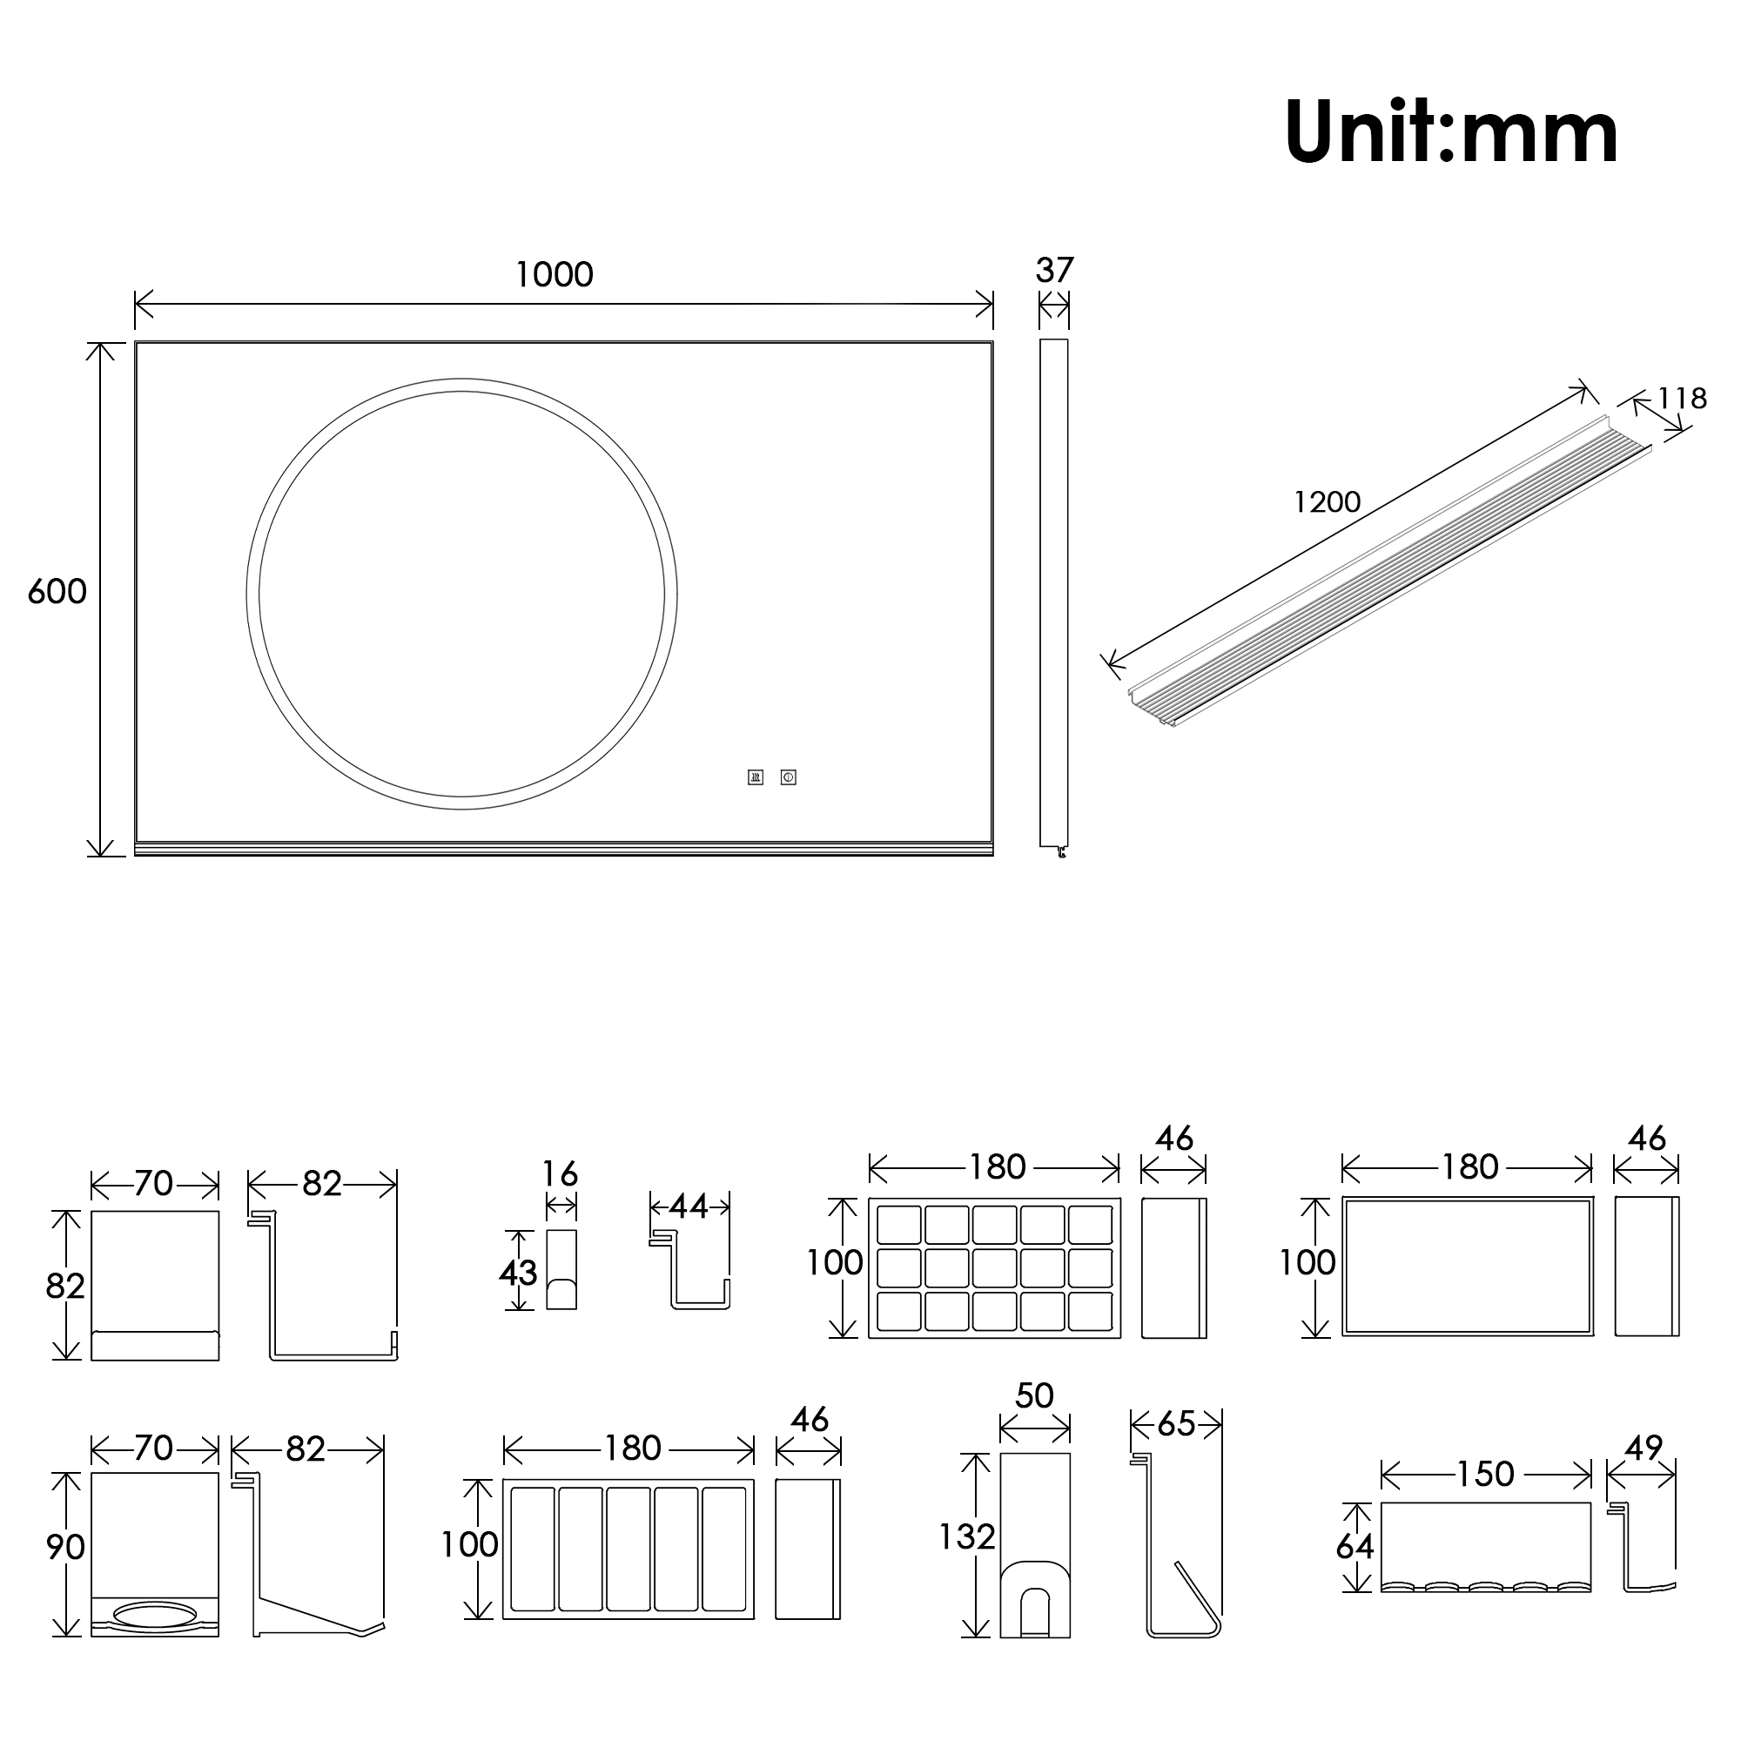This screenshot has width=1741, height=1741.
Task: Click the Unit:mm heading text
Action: coord(1451,133)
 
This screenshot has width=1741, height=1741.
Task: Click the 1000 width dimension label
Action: coord(555,275)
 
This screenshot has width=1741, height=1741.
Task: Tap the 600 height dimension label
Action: coord(57,592)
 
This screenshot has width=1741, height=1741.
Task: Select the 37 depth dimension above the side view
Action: coord(1054,271)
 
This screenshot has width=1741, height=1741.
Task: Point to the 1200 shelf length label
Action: coord(1327,502)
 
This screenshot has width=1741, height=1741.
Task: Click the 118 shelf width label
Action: coord(1682,399)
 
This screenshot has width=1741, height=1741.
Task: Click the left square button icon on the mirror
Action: coord(755,776)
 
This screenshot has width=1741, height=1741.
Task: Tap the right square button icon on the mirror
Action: coord(789,776)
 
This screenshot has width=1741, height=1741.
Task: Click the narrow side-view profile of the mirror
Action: coord(1053,593)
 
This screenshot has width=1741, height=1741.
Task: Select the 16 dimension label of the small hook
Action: coord(560,1174)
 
